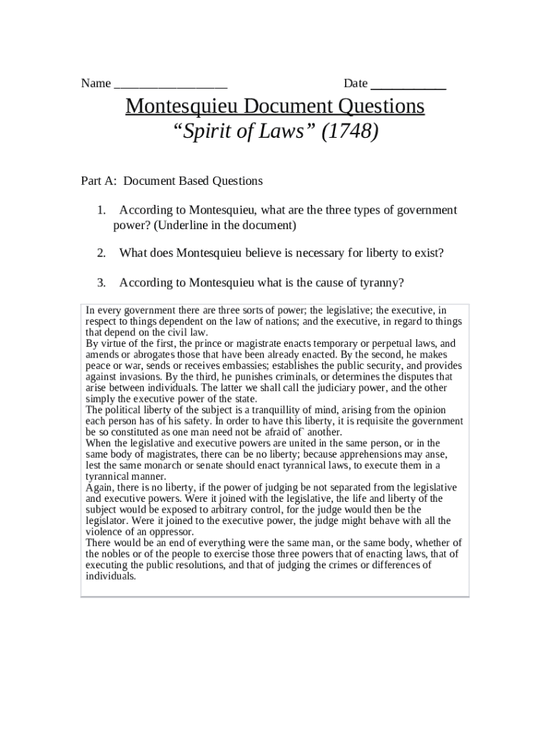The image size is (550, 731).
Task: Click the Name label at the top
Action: coord(96,84)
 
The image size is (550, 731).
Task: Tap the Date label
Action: coord(355,84)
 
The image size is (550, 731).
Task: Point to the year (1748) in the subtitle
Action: coord(349,132)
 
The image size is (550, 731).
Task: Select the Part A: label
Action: coord(99,181)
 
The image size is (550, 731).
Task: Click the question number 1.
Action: coord(101,210)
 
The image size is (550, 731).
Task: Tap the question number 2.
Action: coord(101,253)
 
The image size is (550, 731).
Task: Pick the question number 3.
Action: coord(101,283)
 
